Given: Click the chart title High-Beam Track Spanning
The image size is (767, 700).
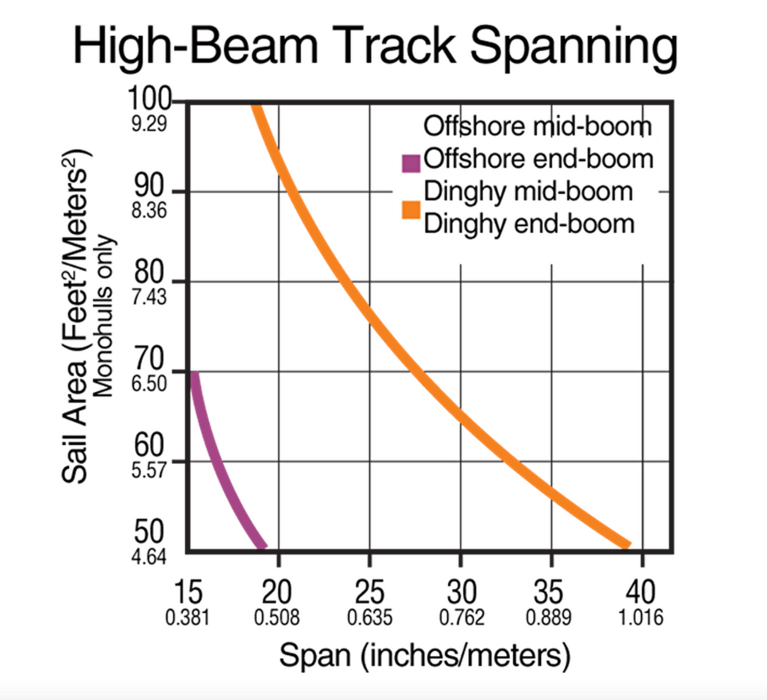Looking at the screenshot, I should click(x=375, y=46).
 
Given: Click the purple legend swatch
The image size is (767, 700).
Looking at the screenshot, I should click(x=410, y=161).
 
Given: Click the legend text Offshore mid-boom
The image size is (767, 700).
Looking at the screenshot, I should click(x=537, y=126).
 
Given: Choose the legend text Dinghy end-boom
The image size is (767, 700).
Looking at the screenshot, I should click(x=530, y=223).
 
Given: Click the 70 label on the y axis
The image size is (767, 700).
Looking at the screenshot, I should click(x=150, y=361).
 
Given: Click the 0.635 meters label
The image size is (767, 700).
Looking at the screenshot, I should click(x=369, y=618).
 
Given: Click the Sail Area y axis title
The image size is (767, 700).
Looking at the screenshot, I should click(x=78, y=315).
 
